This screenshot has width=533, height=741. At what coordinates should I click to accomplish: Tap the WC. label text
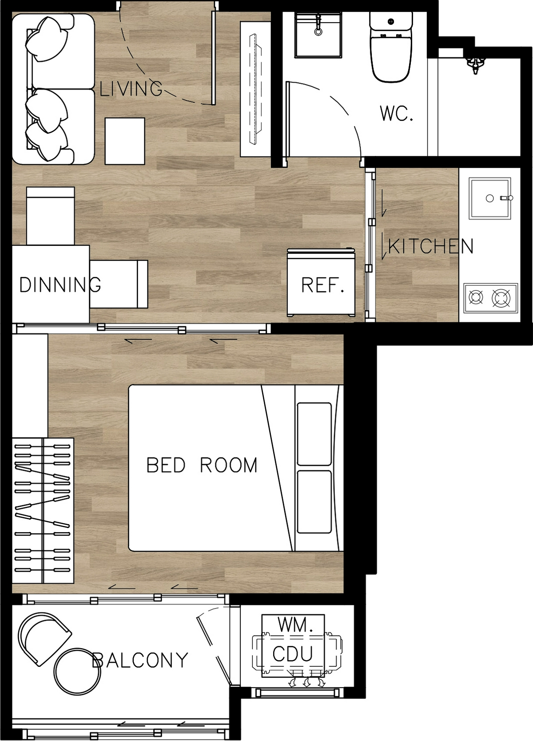397,113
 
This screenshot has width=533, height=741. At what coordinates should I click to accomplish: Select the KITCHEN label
430,246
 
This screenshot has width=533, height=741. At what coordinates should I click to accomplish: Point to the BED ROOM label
202,465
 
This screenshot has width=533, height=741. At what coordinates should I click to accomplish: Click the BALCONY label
140,660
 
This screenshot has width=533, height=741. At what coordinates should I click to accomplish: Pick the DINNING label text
60,284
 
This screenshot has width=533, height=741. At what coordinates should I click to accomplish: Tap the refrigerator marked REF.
321,283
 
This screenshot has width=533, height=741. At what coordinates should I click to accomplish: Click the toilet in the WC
391,47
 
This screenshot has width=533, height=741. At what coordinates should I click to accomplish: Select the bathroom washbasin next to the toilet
318,35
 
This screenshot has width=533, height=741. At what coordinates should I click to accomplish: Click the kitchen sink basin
489,198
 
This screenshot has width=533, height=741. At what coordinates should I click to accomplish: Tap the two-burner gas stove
490,298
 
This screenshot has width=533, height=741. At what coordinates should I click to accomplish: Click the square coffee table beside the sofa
125,141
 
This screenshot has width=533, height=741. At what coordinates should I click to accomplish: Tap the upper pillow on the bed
314,434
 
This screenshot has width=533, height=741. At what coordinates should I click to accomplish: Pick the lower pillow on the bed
314,502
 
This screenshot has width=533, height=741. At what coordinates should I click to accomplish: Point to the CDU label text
293,654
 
